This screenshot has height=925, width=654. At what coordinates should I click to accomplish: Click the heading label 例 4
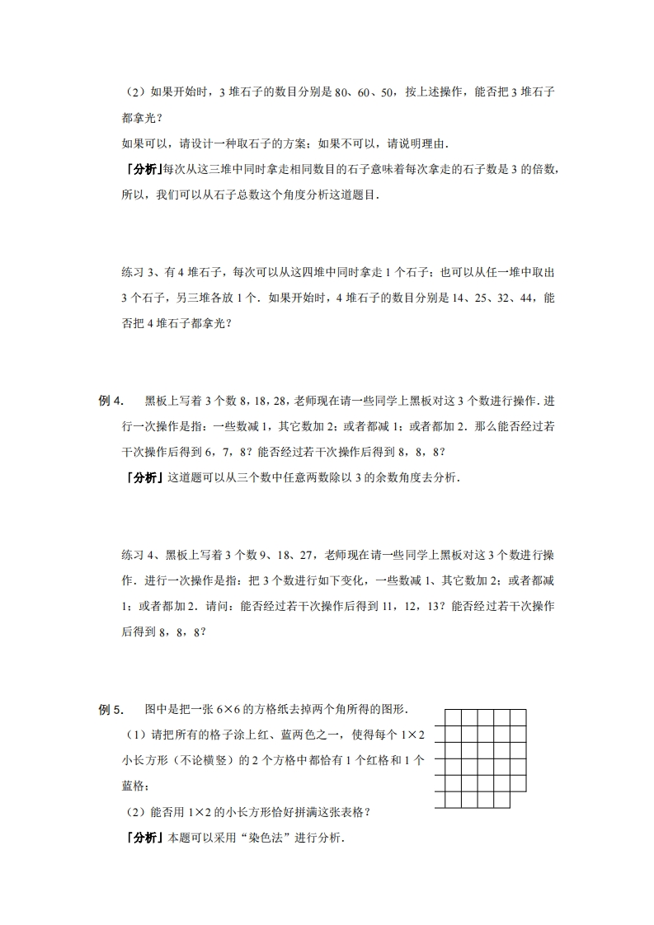[111, 401]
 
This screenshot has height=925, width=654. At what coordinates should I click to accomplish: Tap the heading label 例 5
[111, 709]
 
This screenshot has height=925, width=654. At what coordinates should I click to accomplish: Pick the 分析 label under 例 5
[141, 838]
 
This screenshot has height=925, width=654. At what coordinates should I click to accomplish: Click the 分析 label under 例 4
[141, 477]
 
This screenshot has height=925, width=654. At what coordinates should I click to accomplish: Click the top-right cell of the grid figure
[519, 717]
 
